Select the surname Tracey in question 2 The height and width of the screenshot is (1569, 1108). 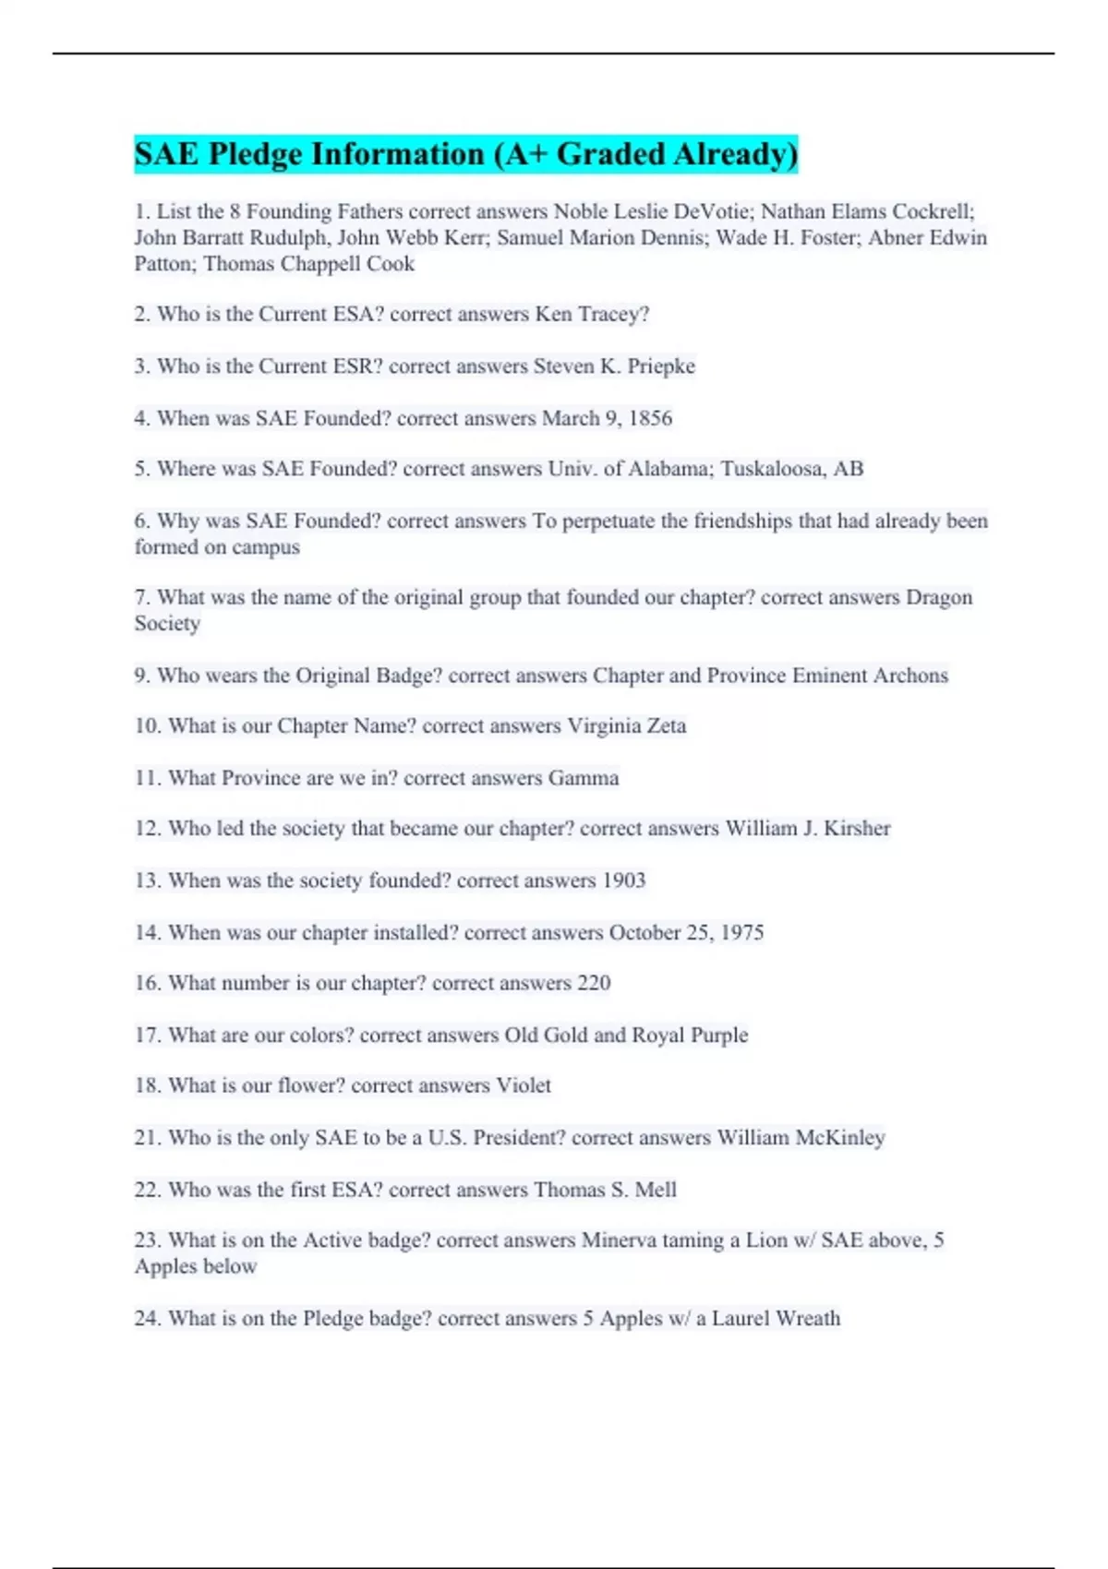tap(613, 315)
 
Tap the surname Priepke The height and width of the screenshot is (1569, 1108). tap(661, 366)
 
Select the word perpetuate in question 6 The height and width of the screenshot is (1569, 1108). tap(609, 521)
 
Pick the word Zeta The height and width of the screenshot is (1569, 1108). tap(666, 726)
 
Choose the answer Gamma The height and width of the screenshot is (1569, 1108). tap(584, 778)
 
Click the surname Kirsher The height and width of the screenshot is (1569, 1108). tap(857, 829)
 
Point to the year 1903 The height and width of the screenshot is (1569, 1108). tap(623, 880)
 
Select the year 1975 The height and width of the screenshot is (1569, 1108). tap(741, 932)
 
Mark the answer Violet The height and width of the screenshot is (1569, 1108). tap(524, 1085)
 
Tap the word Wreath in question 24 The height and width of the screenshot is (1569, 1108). tap(808, 1319)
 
